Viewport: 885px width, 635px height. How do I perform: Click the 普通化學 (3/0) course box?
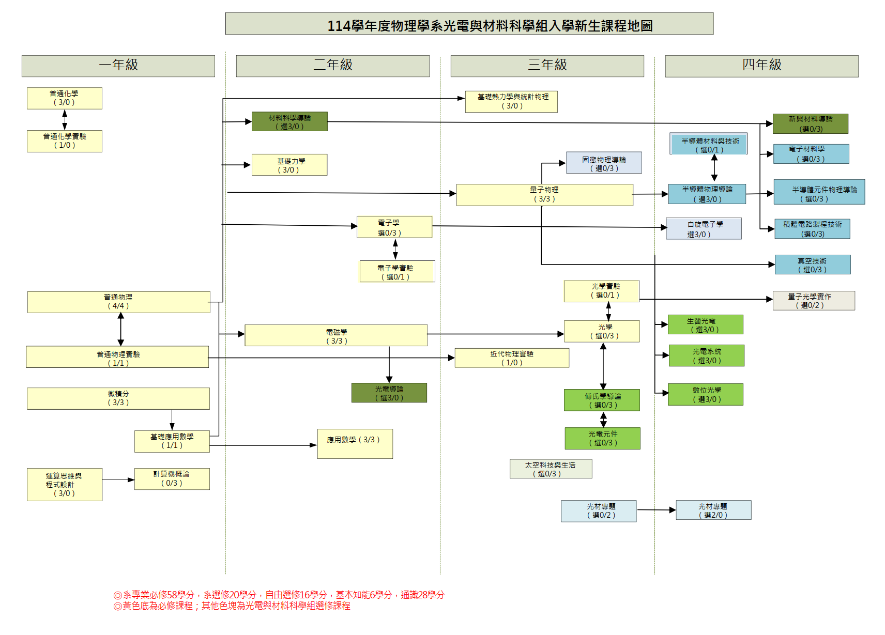(x=65, y=98)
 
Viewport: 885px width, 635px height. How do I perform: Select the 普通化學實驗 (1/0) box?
(x=65, y=141)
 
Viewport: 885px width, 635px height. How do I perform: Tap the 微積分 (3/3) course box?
(x=118, y=398)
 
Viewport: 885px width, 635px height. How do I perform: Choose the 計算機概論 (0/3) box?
(x=172, y=478)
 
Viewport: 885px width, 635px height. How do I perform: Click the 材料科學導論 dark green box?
(x=289, y=122)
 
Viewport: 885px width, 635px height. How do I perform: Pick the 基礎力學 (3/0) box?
(x=289, y=165)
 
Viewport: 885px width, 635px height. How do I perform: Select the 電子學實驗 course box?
(x=397, y=272)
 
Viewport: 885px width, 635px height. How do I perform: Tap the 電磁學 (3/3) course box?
(x=336, y=336)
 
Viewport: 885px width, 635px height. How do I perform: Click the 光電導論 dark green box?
(x=389, y=393)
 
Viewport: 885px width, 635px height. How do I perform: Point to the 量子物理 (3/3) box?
(x=544, y=195)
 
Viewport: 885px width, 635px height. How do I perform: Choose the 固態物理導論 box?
(x=604, y=163)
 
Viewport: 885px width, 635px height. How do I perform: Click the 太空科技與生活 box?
(x=551, y=469)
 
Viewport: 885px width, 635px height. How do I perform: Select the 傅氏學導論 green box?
(x=602, y=400)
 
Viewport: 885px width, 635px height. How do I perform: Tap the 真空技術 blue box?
(x=812, y=265)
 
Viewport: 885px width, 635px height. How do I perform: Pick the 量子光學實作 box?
(x=813, y=301)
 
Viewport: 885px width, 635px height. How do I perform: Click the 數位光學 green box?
(x=706, y=395)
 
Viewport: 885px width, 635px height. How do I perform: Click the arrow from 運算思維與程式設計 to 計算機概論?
(x=118, y=480)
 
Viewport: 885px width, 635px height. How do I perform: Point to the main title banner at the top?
(x=469, y=24)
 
